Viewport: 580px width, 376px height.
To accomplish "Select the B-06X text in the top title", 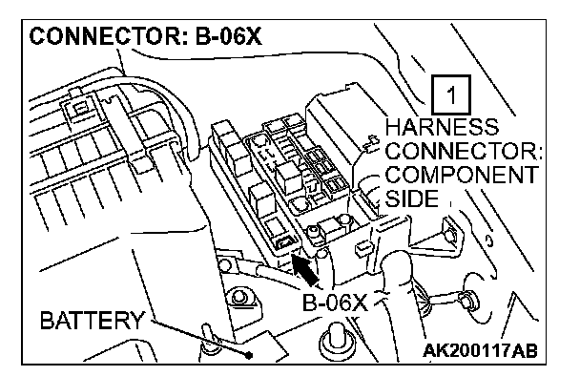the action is coord(228,36).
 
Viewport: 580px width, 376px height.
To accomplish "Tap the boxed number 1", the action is coord(451,94).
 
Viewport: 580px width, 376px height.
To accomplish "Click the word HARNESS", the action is coord(442,127).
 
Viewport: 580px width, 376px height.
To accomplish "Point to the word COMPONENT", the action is coord(462,175).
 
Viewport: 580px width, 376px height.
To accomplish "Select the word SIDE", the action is coord(412,198).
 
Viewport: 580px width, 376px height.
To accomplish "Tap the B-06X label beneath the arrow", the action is coord(335,303).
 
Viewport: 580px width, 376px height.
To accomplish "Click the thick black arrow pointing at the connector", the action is coord(305,270).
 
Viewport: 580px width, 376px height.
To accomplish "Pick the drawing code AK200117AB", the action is coord(480,350).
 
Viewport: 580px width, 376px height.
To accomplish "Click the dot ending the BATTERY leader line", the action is coord(249,355).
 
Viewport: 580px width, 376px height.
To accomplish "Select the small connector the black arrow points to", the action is coord(285,242).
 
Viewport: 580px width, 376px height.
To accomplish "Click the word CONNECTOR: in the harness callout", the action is coord(464,151).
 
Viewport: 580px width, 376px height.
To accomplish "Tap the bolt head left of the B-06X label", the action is coord(239,298).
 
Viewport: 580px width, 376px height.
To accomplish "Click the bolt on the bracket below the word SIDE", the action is coord(448,235).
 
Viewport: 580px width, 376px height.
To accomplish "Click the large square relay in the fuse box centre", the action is coord(289,178).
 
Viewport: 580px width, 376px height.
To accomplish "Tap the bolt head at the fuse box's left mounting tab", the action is coord(224,265).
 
